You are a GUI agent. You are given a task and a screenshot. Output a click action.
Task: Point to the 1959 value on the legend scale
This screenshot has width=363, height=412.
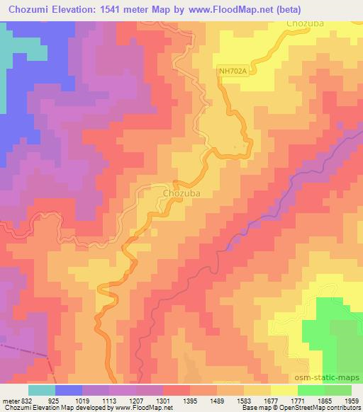point(350,401)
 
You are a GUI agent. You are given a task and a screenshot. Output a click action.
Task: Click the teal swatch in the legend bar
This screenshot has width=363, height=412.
point(42,390)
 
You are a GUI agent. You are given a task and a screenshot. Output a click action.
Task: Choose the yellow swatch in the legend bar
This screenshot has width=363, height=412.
point(284,390)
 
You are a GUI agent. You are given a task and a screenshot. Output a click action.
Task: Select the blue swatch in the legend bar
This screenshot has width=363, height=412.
point(69,390)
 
